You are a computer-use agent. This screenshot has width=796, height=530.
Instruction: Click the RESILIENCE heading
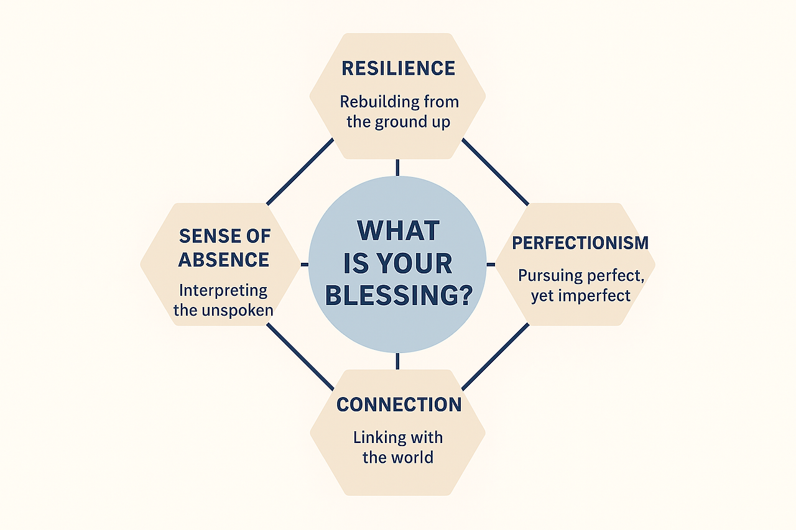pos(398,68)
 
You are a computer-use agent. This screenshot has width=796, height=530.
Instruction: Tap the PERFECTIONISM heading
pos(580,243)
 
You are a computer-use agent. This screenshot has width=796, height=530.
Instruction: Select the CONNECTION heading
pos(399,404)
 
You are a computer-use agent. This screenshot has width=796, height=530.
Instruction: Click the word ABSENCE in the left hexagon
pos(223,259)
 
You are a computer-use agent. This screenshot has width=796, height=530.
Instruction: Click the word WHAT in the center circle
pos(398,231)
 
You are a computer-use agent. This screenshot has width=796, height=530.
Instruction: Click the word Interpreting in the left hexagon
pos(223,290)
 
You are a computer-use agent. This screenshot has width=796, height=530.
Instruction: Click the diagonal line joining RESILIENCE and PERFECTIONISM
pos(495,171)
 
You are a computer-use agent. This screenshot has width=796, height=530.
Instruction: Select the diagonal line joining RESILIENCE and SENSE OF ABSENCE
pos(300,171)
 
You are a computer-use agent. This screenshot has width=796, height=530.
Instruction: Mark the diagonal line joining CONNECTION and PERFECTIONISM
pos(495,357)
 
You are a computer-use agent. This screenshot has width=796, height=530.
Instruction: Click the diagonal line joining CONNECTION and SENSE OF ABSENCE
pos(300,357)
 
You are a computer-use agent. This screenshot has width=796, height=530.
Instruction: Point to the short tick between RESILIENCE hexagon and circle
pos(397,167)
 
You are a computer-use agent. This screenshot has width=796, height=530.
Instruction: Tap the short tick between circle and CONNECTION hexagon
pos(397,361)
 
